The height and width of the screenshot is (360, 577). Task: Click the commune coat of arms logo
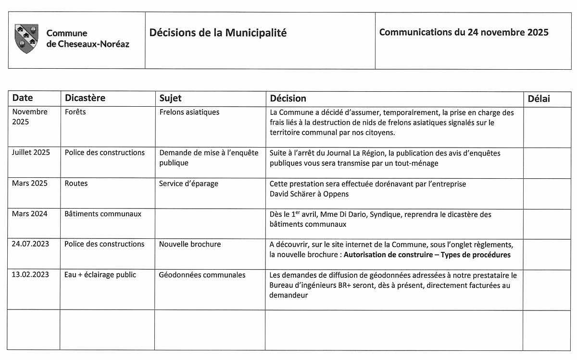coord(26,38)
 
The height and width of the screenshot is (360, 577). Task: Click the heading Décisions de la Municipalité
coord(218,33)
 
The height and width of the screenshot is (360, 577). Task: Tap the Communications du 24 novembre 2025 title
coord(464,32)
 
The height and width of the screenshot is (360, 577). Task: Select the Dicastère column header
coord(85,98)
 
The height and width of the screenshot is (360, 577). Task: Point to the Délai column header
coord(539,99)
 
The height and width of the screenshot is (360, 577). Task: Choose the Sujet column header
coord(170,98)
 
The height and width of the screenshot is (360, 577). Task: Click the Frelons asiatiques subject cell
coord(189,112)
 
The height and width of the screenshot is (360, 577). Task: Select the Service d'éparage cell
coord(188,183)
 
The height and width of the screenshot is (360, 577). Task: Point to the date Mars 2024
coord(30,214)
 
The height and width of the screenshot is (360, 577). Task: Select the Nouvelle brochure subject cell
coord(190,244)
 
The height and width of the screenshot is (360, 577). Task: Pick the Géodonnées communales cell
coord(202,274)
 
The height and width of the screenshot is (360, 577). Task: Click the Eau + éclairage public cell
coord(100,274)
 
